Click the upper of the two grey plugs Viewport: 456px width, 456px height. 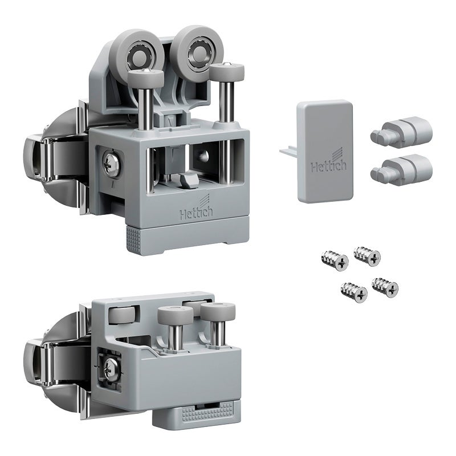point(402,131)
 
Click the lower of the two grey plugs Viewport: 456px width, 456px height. point(402,169)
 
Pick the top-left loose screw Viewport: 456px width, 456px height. point(335,260)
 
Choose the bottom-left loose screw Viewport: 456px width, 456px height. point(354,292)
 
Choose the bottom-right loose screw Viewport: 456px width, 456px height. point(385,288)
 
